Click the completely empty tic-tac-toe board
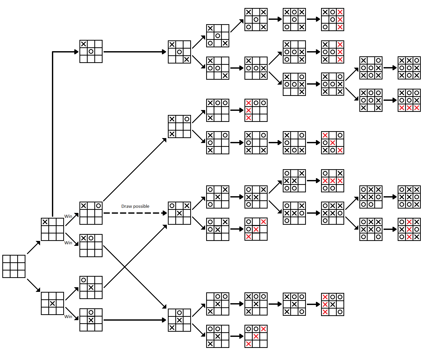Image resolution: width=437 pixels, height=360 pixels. click(14, 266)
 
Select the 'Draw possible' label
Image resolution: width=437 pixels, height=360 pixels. click(135, 206)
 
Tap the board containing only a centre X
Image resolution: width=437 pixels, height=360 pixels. click(52, 303)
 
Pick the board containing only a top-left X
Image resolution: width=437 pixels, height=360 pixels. click(52, 229)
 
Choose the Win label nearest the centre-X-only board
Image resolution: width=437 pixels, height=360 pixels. click(68, 317)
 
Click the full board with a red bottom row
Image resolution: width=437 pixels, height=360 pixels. click(409, 100)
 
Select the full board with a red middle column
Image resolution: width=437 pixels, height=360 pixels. click(409, 229)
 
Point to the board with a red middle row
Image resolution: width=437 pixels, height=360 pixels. click(333, 181)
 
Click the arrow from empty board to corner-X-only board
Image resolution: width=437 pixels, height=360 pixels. click(33, 248)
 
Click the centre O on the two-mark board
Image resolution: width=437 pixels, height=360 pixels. click(91, 51)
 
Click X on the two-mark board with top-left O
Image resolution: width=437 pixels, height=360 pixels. click(91, 287)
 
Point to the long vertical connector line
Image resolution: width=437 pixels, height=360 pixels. click(52, 134)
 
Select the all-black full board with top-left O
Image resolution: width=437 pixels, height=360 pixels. click(409, 197)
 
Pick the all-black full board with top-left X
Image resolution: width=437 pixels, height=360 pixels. click(409, 68)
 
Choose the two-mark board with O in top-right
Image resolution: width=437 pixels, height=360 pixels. click(91, 213)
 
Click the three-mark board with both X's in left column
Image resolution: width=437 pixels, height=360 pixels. click(179, 127)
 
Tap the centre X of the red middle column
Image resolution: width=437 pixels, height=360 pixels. click(409, 229)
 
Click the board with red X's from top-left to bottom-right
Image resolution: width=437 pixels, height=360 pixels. click(333, 143)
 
